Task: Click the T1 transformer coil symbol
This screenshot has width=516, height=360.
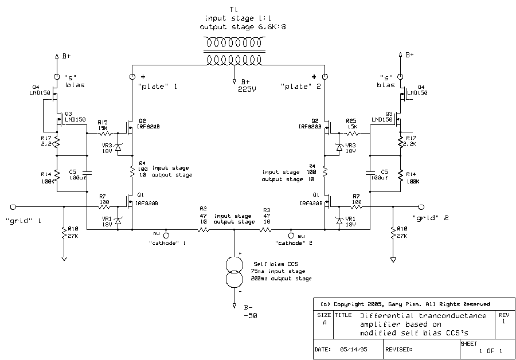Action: click(233, 50)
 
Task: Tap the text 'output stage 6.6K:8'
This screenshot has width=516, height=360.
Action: click(234, 26)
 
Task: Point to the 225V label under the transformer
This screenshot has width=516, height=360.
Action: click(247, 89)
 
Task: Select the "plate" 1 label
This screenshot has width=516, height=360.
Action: click(158, 87)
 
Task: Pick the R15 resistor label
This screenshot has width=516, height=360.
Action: click(103, 122)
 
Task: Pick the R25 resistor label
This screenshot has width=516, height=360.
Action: click(351, 120)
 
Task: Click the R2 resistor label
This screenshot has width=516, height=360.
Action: click(203, 209)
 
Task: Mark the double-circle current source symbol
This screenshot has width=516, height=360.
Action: click(234, 272)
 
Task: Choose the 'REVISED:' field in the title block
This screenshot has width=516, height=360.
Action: click(400, 349)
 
